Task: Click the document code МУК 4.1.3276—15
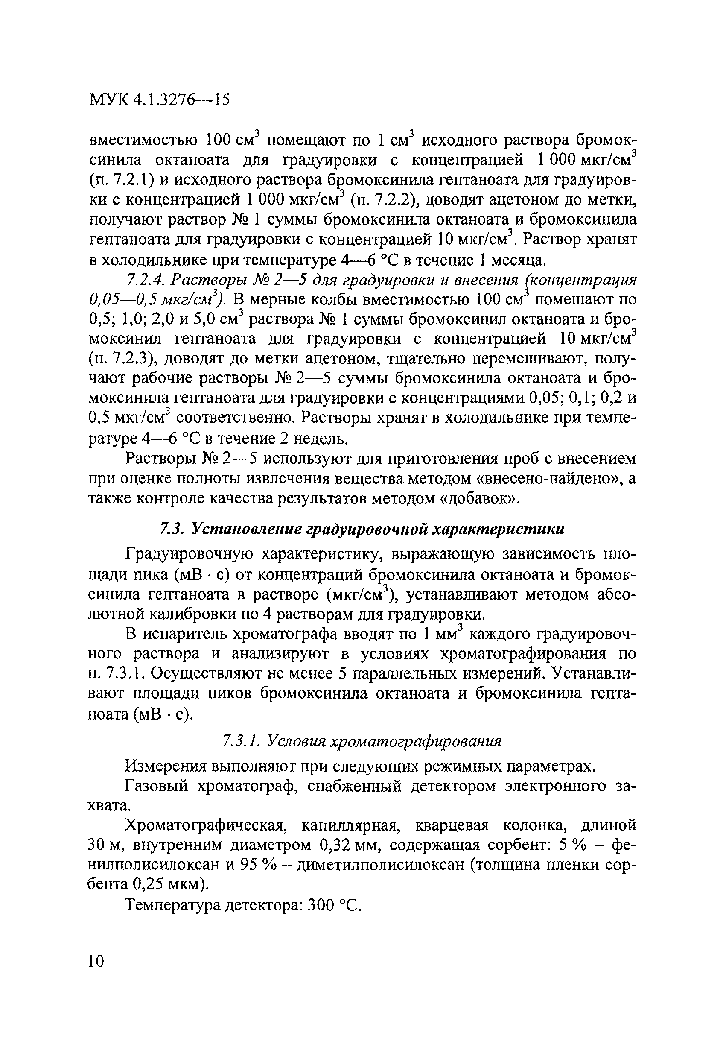pyautogui.click(x=159, y=99)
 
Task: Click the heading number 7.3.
pyautogui.click(x=171, y=529)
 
